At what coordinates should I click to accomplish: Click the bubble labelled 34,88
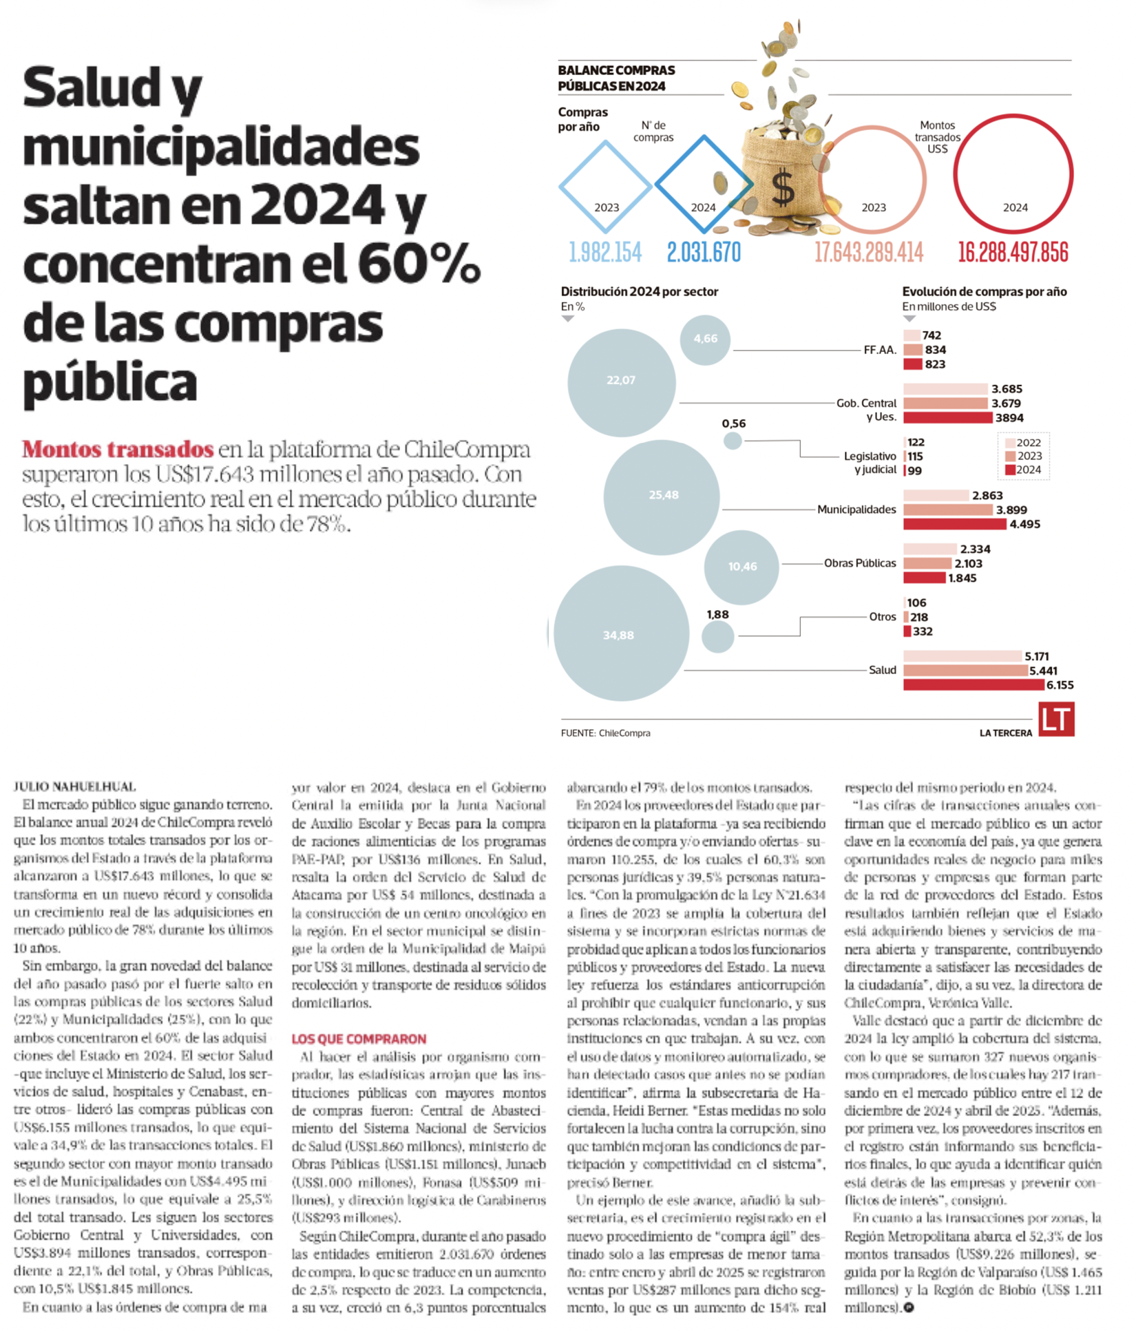[x=621, y=633]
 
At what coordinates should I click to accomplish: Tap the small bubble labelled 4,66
[x=705, y=339]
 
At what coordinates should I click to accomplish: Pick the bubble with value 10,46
[x=741, y=567]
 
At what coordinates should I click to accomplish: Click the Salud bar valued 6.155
[x=974, y=684]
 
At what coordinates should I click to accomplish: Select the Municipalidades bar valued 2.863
[x=936, y=495]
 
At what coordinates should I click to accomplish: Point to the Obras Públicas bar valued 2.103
[x=927, y=563]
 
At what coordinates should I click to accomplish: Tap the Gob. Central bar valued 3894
[x=947, y=417]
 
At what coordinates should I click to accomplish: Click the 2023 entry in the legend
[x=1024, y=456]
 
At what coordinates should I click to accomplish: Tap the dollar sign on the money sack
[x=783, y=188]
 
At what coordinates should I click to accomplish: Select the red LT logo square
[x=1056, y=720]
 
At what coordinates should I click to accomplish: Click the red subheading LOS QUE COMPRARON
[x=359, y=1039]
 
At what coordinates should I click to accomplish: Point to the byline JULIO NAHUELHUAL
[x=74, y=786]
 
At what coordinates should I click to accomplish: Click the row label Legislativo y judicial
[x=870, y=463]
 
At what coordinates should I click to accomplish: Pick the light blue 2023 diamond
[x=605, y=186]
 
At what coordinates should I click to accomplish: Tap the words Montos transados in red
[x=118, y=449]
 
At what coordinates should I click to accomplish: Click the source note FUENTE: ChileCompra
[x=605, y=733]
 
